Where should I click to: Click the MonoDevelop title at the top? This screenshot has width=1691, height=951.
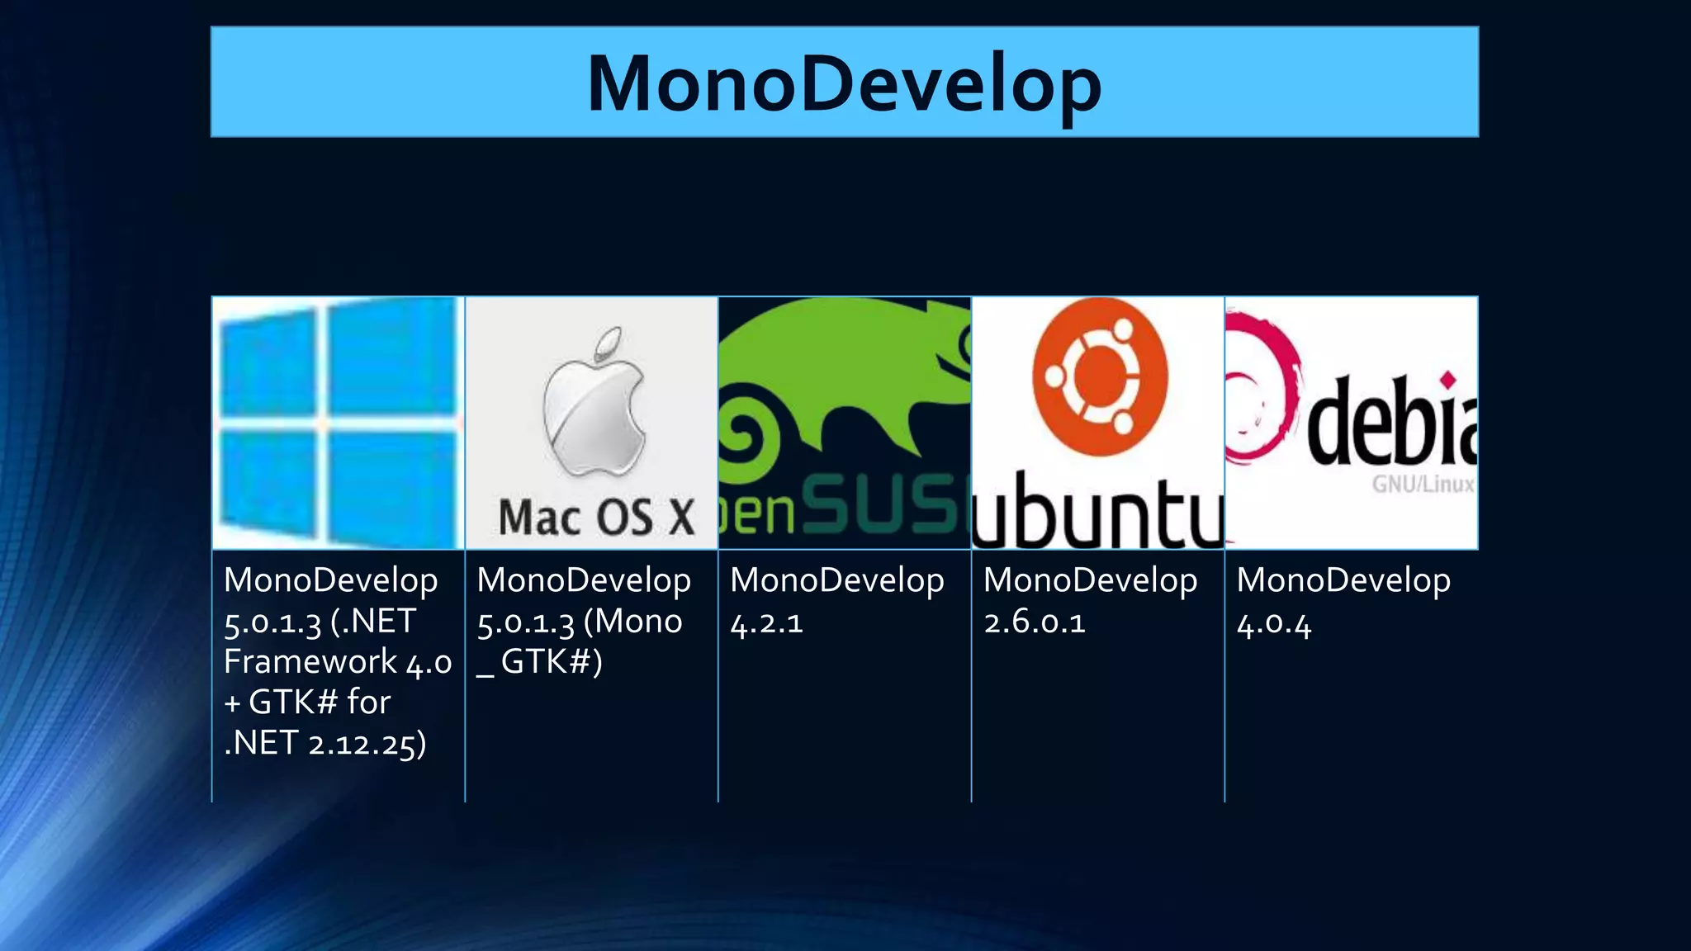(x=844, y=83)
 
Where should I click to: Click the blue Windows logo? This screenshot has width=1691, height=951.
(x=338, y=423)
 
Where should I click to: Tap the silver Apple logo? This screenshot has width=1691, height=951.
(x=594, y=417)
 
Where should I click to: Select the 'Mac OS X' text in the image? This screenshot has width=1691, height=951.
(x=596, y=518)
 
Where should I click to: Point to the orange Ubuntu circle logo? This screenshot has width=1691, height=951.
(x=1099, y=376)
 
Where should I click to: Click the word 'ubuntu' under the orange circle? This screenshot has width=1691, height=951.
(x=1097, y=512)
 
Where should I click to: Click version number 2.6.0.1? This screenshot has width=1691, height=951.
(x=1034, y=622)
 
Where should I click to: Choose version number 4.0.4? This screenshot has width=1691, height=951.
(x=1273, y=624)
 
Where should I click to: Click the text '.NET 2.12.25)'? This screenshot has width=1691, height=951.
(x=325, y=743)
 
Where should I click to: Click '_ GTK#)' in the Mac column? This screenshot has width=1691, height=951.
(x=540, y=662)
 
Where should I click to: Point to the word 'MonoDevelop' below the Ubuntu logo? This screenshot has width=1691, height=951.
(x=1090, y=580)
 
